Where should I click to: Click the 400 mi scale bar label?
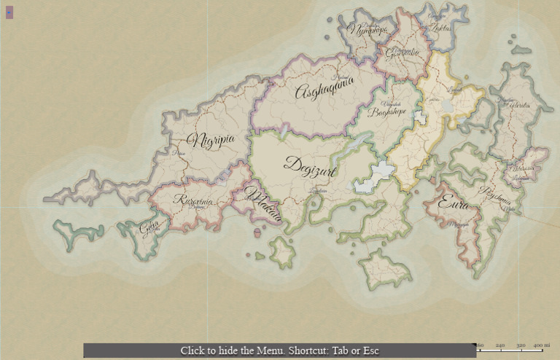[x=541, y=345]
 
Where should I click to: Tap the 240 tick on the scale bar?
[x=500, y=345]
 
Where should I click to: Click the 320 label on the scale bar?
[x=521, y=345]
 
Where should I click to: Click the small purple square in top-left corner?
[x=9, y=12]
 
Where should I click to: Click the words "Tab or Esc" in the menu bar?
[x=355, y=351]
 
